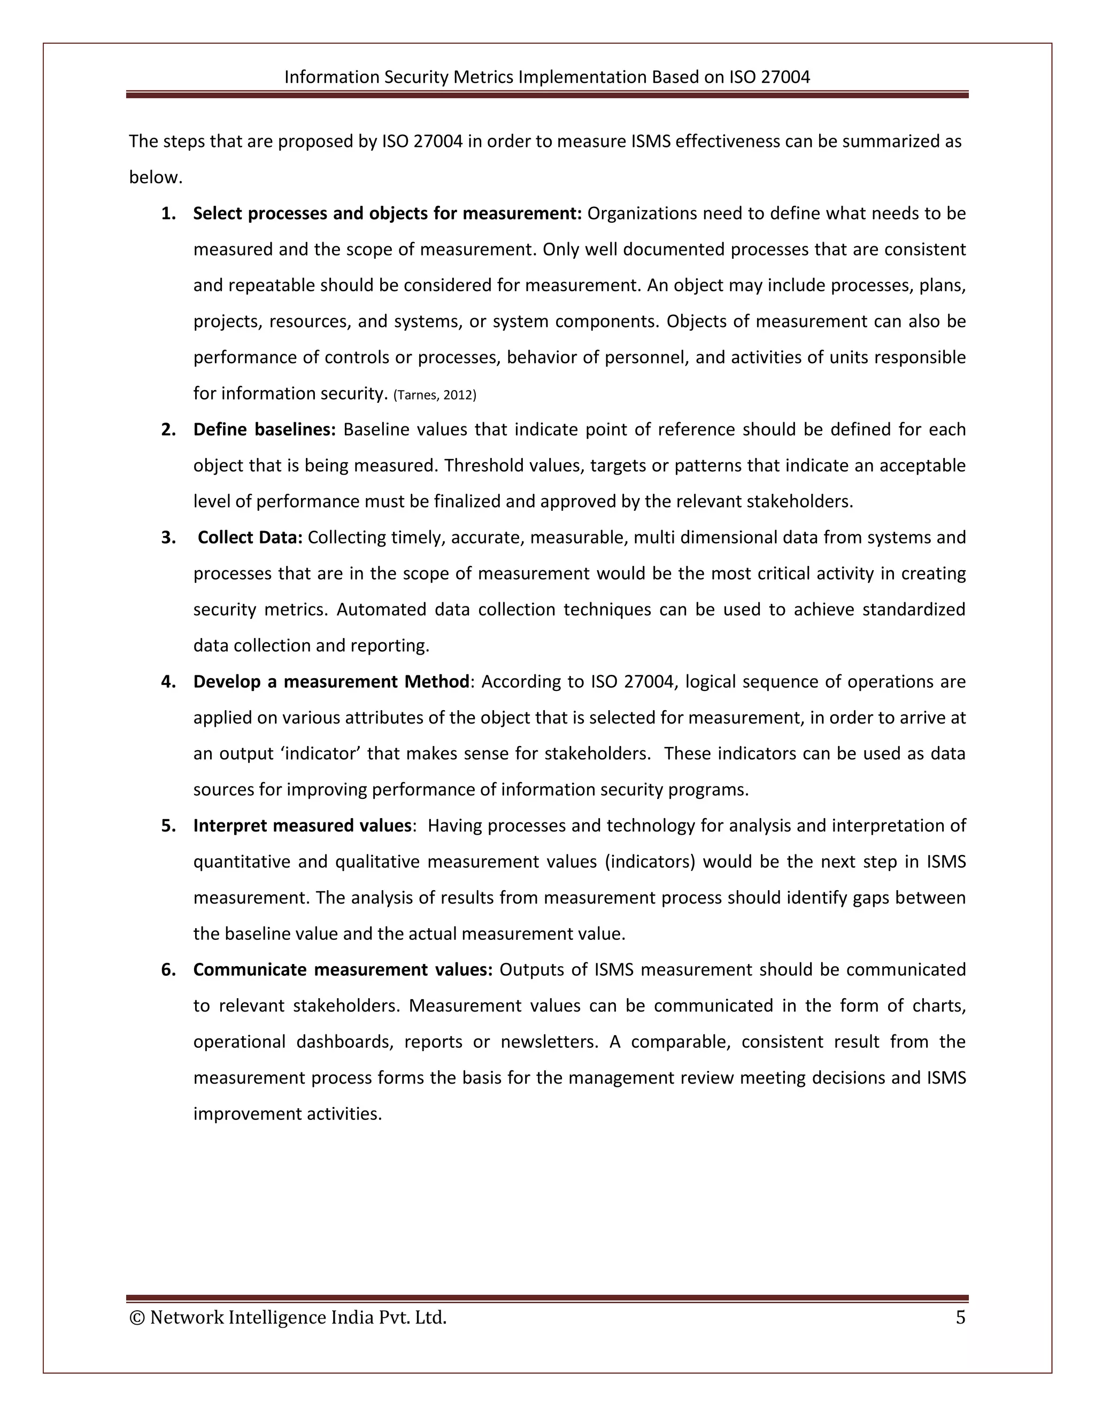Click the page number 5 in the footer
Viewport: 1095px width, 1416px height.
[x=960, y=1318]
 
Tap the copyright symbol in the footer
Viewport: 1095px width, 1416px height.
[x=137, y=1318]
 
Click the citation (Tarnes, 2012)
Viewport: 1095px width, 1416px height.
[x=435, y=395]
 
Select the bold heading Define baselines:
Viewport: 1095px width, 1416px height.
[x=264, y=430]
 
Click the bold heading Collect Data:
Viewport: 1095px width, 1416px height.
[x=250, y=538]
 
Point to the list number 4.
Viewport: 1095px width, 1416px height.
[x=168, y=681]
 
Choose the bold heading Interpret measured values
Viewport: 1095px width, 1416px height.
[x=302, y=826]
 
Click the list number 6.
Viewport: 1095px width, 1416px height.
[x=168, y=969]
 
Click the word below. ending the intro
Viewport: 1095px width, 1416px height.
[x=156, y=177]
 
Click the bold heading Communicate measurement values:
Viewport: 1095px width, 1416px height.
[x=343, y=969]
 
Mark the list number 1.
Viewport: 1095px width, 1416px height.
[x=168, y=213]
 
